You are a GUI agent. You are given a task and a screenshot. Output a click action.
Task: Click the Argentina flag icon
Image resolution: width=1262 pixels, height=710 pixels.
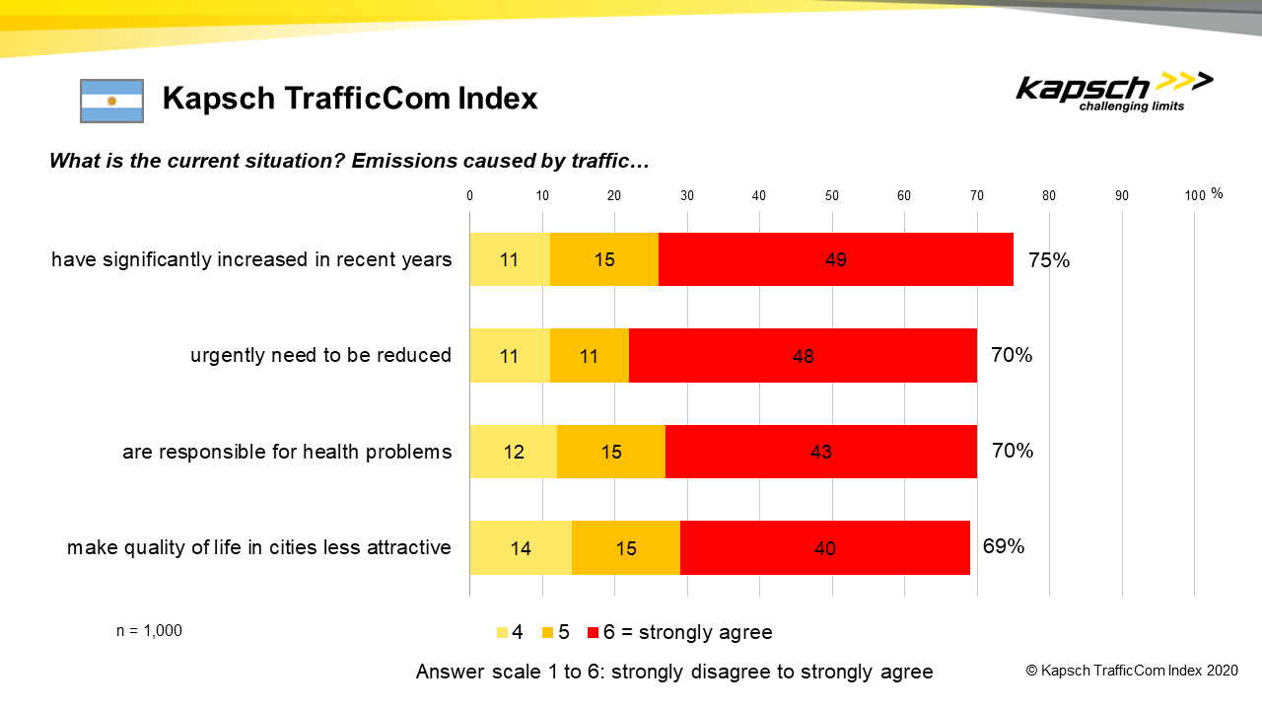click(x=111, y=101)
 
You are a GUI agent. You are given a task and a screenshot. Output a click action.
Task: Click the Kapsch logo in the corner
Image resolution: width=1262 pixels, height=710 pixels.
click(x=1114, y=92)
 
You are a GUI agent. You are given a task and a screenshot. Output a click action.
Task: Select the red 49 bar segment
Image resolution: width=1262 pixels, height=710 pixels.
click(x=835, y=260)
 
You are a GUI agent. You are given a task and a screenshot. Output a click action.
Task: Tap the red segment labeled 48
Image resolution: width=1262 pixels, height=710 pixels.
click(x=803, y=356)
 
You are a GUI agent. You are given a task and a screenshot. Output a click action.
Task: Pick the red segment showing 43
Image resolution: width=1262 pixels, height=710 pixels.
click(x=820, y=452)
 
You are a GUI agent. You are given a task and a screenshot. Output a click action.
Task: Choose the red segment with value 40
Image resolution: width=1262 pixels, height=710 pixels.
click(x=824, y=547)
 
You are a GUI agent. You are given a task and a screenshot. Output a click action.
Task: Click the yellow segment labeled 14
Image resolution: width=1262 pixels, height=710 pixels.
click(x=521, y=547)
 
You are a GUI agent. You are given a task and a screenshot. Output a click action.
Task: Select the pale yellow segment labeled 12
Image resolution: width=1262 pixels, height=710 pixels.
click(x=513, y=452)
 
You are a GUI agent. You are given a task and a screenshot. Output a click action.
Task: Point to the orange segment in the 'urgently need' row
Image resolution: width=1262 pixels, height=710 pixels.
click(x=589, y=356)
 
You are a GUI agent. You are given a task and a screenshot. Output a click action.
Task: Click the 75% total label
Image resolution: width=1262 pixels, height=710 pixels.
click(x=1049, y=260)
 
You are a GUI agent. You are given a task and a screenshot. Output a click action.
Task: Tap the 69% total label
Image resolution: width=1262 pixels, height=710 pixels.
click(x=1004, y=546)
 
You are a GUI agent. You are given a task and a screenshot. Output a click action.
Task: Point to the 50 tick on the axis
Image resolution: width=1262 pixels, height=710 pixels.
click(x=832, y=195)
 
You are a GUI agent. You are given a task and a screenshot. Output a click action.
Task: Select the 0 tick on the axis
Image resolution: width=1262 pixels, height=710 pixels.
click(x=470, y=195)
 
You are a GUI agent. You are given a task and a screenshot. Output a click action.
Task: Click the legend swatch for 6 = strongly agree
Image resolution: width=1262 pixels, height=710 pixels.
click(x=594, y=632)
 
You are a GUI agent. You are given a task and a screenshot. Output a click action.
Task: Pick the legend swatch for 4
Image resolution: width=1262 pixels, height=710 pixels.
click(x=502, y=632)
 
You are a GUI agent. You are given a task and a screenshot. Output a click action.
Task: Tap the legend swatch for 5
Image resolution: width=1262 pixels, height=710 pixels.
click(x=549, y=632)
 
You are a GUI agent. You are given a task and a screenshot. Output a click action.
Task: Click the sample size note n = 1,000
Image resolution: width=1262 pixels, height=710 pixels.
click(x=149, y=631)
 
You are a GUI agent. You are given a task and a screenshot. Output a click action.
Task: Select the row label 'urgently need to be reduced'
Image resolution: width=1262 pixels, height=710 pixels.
click(x=320, y=356)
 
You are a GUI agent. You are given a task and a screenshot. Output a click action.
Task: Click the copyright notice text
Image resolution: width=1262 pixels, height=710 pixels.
click(x=1132, y=671)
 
